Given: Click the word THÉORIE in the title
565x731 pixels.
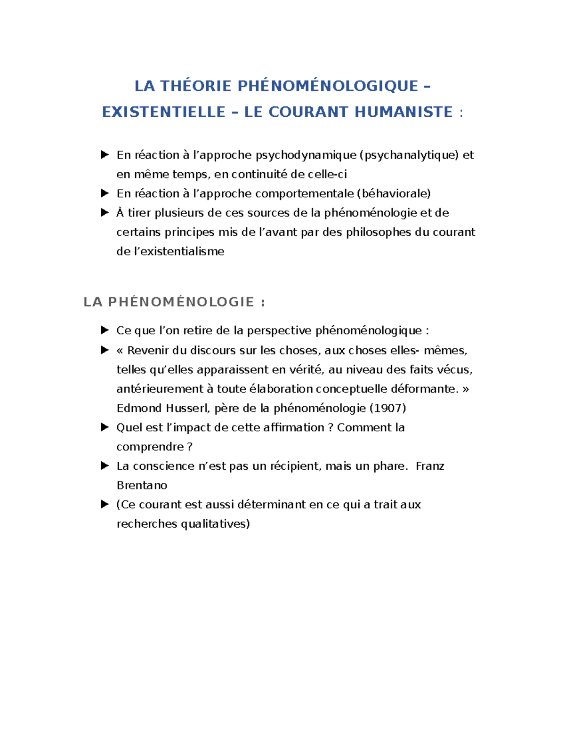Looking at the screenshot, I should coord(195,86).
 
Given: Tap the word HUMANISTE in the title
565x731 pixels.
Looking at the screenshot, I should coord(404,112).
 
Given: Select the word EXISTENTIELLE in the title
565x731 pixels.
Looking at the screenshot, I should coord(164,112).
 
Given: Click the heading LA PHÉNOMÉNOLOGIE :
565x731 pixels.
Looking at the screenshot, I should coord(174,302).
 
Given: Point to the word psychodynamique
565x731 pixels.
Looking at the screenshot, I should coord(306,155).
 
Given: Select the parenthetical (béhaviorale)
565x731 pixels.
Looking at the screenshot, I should coord(394,193).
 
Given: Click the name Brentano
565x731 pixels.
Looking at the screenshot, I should coord(142,485).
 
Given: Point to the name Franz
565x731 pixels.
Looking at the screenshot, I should coord(430,466).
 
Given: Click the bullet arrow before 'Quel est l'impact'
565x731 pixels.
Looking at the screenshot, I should coord(105,427).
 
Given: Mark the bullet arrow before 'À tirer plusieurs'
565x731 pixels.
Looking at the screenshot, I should coord(105,213).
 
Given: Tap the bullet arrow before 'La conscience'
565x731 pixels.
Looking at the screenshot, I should coord(105,466).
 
